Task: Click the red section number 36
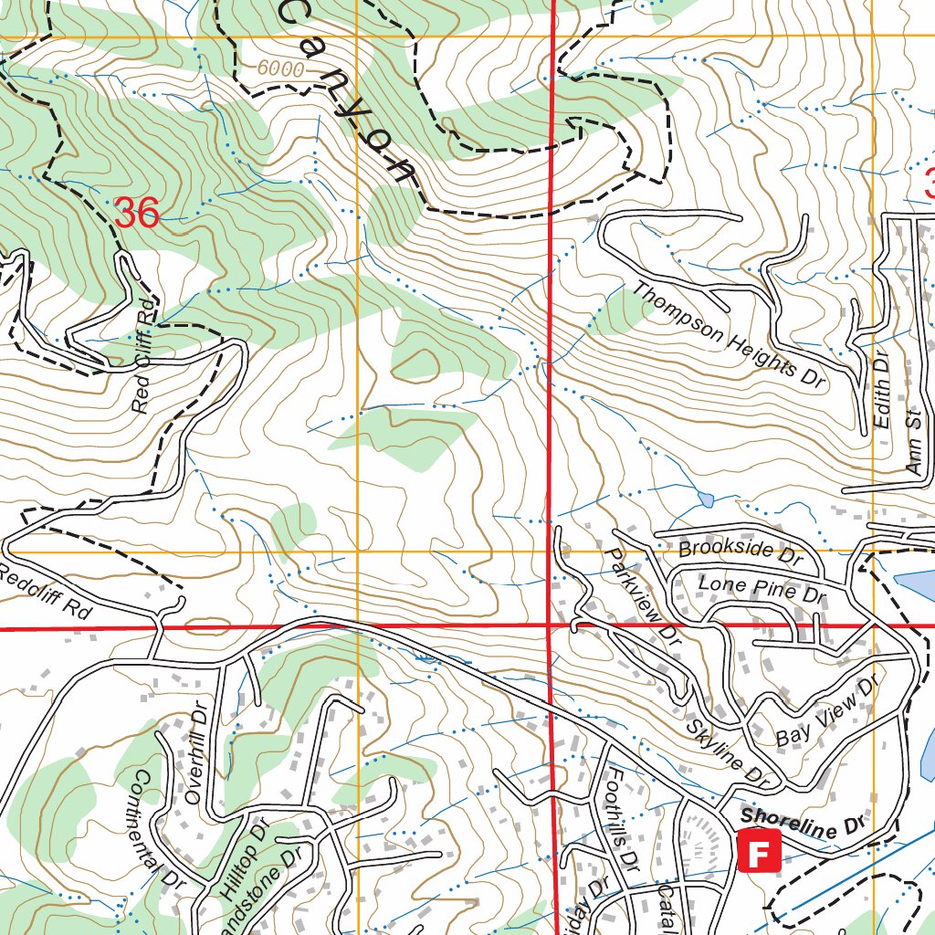138,214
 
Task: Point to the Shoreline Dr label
803,820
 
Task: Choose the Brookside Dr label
740,551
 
